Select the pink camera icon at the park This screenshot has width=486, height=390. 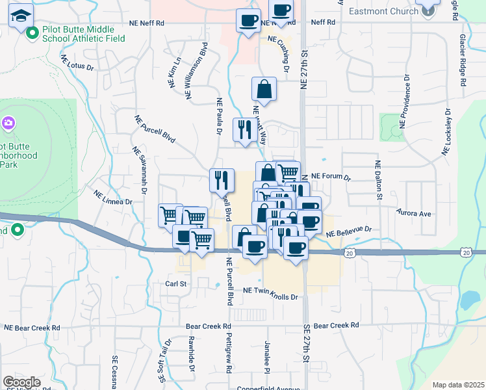coord(8,122)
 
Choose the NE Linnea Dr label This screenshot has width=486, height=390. coord(113,198)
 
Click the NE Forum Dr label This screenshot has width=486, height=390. coord(331,177)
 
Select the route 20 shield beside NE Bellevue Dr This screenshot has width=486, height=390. coord(350,252)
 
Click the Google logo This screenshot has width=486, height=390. coord(21,382)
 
